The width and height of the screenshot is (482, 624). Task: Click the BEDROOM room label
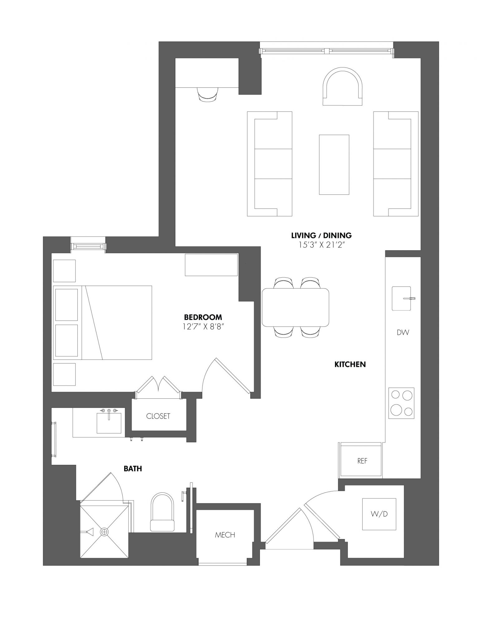click(x=203, y=317)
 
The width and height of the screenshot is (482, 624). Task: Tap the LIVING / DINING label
click(x=321, y=235)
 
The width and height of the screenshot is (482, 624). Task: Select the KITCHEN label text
click(x=350, y=364)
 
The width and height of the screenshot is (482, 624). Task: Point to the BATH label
click(x=133, y=468)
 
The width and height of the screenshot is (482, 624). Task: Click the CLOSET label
click(x=158, y=416)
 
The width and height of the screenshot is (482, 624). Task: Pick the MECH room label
click(x=225, y=535)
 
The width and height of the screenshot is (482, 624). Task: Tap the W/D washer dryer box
click(x=379, y=514)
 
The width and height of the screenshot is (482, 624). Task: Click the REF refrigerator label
click(x=362, y=461)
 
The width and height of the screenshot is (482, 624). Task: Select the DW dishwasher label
click(x=403, y=332)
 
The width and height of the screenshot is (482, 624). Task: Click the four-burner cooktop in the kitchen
click(x=401, y=403)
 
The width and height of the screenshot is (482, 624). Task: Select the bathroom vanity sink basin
click(x=109, y=423)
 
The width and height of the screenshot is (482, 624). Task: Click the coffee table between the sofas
click(x=334, y=164)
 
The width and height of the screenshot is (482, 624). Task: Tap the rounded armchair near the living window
click(x=343, y=87)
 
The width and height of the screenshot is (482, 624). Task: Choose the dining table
click(x=295, y=307)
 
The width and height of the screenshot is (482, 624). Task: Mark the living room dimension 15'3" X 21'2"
click(x=321, y=245)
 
